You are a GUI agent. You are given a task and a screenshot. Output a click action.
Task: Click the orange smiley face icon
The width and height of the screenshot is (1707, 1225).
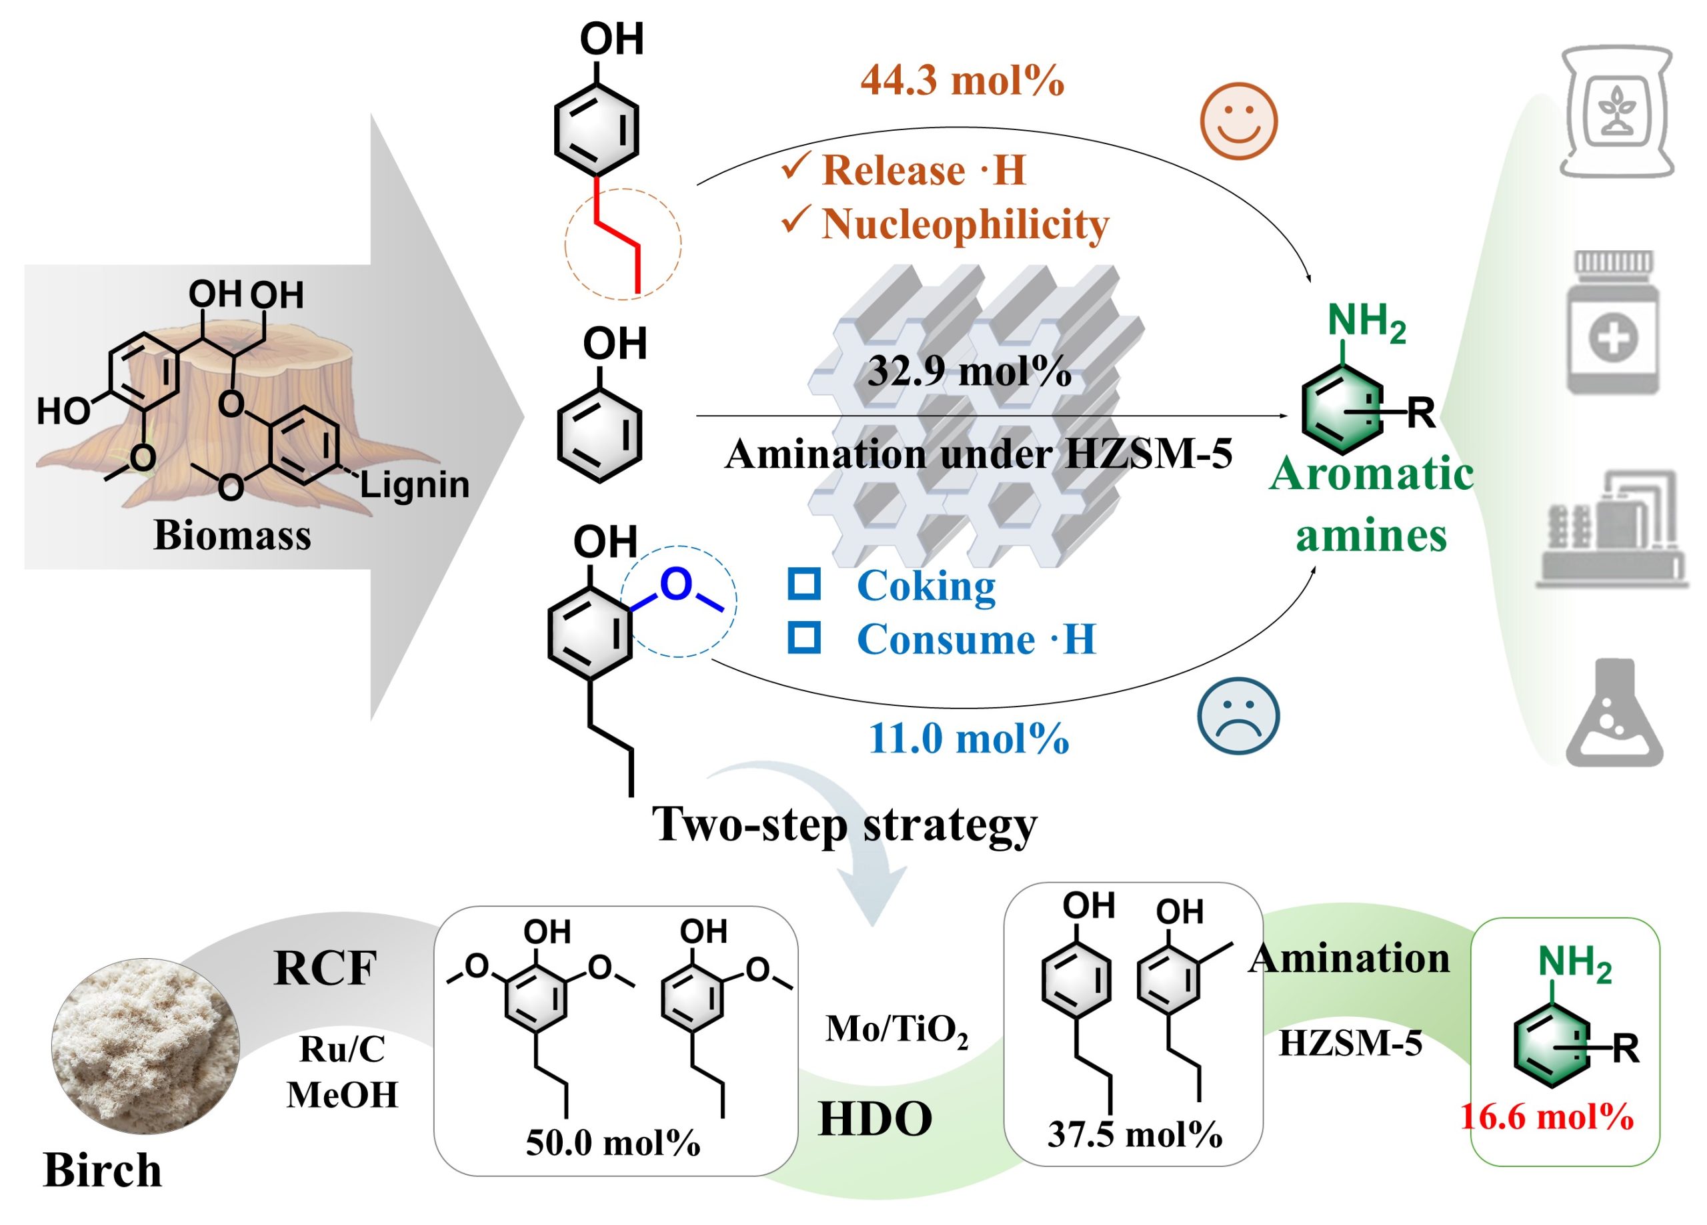coord(1238,121)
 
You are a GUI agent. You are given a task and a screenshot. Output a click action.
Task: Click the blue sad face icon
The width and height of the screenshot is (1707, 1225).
coord(1238,716)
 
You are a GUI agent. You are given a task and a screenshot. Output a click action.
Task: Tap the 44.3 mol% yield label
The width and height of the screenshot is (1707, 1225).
coord(962,80)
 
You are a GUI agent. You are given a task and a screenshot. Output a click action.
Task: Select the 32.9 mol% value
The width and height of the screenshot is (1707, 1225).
coord(970,371)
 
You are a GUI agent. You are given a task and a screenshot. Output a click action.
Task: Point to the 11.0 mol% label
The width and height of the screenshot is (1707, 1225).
coord(969,738)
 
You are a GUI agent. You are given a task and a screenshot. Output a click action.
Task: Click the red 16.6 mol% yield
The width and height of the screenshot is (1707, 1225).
coord(1547,1117)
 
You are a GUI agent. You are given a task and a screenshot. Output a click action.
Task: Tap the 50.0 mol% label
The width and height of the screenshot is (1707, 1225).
coord(613,1143)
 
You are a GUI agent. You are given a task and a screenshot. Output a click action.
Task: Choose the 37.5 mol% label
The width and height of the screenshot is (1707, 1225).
coord(1134,1134)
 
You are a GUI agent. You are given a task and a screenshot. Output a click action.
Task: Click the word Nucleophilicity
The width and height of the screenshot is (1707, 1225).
coord(965,224)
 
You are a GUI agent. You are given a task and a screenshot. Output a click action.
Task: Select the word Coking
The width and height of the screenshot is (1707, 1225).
coord(926,586)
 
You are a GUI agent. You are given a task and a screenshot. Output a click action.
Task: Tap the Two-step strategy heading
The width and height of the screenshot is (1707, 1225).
coord(844,825)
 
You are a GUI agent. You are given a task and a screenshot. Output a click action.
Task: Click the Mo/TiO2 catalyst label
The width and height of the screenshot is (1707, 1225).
coord(896,1030)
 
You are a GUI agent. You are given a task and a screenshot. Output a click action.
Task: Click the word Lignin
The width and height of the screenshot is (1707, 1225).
coord(415,485)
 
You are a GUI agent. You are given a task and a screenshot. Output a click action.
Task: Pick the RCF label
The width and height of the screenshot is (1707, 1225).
coord(325,968)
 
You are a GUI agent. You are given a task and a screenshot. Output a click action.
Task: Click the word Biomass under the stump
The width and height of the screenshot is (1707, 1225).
coord(232,535)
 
